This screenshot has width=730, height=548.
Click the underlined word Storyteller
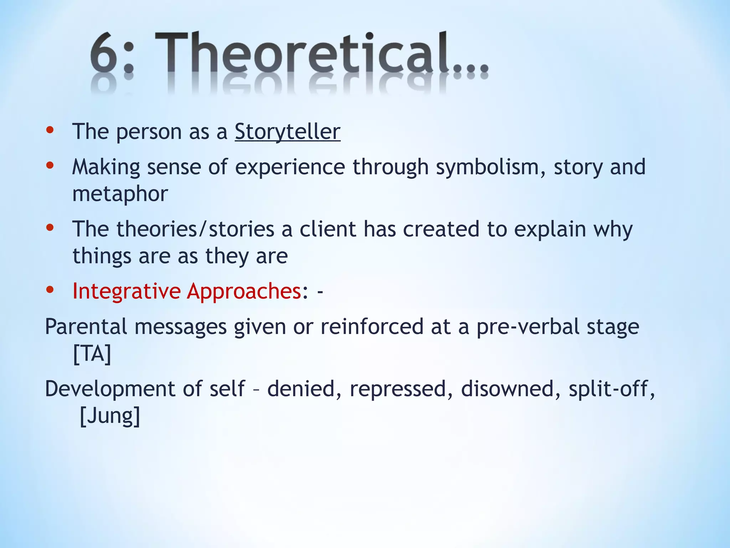287,132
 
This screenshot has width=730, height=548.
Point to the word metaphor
120,194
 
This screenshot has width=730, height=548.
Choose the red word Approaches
244,291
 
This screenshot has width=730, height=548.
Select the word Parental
86,326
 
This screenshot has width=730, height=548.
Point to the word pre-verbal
528,326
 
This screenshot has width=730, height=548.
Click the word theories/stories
195,229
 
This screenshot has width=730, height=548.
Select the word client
328,229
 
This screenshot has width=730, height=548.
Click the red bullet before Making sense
50,165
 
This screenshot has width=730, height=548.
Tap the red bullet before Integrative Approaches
50,290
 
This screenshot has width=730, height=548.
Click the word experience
290,167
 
